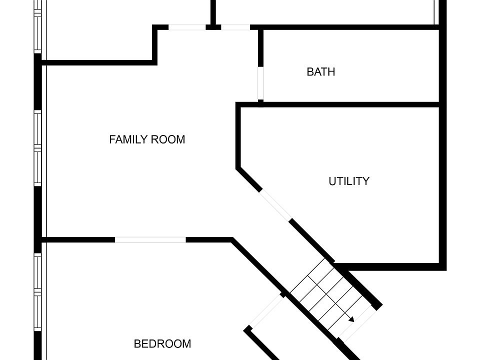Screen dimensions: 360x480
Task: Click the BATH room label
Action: coord(320,72)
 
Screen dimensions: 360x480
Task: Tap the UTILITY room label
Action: coord(348,181)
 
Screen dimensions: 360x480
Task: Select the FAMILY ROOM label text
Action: coord(147,139)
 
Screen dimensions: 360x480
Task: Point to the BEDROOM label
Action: coord(162,344)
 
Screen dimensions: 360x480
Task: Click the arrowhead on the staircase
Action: coord(351,319)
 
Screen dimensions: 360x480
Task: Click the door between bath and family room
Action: coord(260,82)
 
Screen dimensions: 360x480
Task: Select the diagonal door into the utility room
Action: coord(275,204)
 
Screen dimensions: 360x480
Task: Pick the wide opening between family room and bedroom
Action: coord(150,240)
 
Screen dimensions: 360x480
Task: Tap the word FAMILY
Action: coord(128,139)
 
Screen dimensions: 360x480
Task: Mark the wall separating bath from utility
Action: coord(350,104)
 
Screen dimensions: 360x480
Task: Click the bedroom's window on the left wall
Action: coord(38,292)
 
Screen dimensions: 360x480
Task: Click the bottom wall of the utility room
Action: coord(390,266)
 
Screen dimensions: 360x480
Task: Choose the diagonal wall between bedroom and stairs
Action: coord(257,265)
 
